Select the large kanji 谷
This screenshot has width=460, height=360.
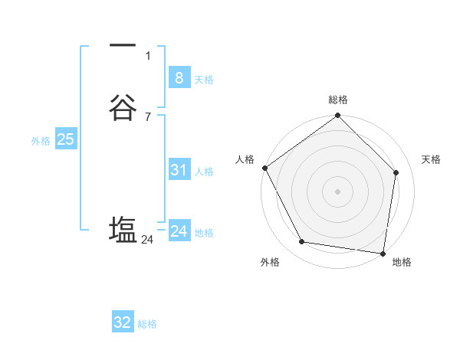point(123,108)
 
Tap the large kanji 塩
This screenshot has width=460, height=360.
point(123,230)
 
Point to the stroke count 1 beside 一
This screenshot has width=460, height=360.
point(148,55)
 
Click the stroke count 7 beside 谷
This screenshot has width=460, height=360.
point(148,116)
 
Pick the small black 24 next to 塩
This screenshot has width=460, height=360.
point(148,240)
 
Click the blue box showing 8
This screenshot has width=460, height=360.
point(179,77)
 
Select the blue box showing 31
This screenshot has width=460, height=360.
point(179,170)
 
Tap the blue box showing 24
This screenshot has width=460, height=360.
point(179,231)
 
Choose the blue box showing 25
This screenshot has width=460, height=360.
point(65,139)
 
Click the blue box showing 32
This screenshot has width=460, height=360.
point(123,322)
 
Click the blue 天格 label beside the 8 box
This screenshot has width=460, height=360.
point(204,80)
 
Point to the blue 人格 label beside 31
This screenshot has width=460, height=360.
point(204,172)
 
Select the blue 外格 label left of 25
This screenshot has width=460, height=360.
point(41,141)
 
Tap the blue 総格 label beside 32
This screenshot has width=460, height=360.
point(147,325)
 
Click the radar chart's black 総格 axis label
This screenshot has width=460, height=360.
point(338,100)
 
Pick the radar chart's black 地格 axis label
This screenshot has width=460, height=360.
point(402,263)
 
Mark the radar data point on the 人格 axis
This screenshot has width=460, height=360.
point(264,168)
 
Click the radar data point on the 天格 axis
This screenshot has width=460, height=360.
point(396,172)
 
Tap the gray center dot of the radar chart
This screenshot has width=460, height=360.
point(337,191)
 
